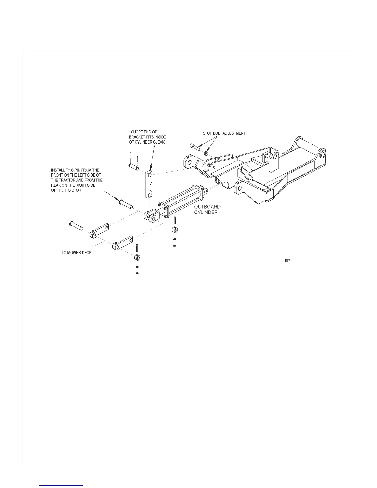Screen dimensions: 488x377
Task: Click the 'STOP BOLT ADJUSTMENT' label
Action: [x=224, y=133]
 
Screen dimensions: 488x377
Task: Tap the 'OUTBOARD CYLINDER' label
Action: [x=207, y=209]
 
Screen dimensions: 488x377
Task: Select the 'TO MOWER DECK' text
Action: [x=76, y=253]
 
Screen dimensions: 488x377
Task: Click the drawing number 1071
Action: [x=288, y=261]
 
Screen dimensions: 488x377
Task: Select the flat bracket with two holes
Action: [x=148, y=184]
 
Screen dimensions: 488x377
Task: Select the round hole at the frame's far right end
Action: [x=322, y=153]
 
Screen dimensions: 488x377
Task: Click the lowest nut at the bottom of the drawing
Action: [x=137, y=274]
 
